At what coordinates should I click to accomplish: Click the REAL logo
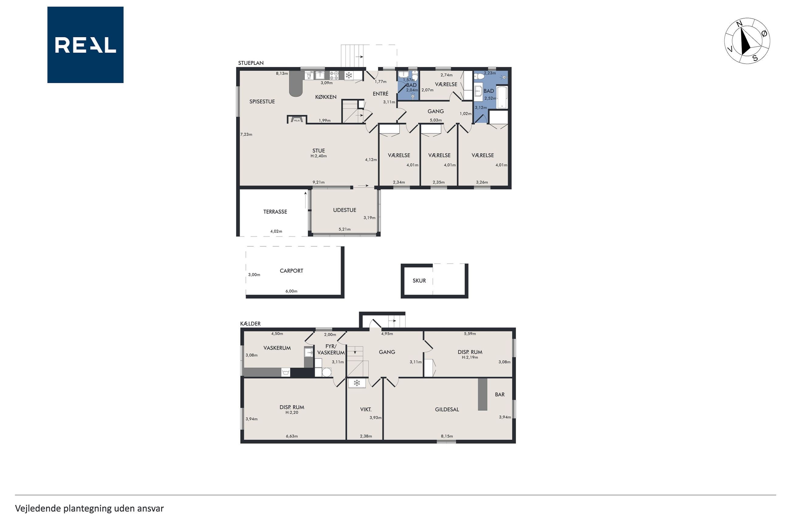(x=85, y=45)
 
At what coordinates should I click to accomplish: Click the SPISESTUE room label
(x=262, y=102)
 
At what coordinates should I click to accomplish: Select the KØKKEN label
(x=326, y=97)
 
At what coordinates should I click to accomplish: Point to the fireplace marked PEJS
(x=297, y=119)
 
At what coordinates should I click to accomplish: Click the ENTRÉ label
(x=380, y=94)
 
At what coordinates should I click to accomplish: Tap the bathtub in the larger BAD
(x=502, y=98)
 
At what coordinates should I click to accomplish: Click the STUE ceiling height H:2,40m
(x=319, y=156)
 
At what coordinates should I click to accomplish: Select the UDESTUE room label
(x=345, y=210)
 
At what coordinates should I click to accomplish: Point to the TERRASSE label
(x=275, y=212)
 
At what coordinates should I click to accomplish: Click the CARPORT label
(x=291, y=271)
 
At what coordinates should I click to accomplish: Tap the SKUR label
(x=419, y=281)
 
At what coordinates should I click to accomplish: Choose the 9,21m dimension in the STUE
(x=319, y=182)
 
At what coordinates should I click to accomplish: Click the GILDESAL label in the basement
(x=447, y=409)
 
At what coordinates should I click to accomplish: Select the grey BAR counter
(x=483, y=394)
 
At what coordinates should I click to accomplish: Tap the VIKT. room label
(x=366, y=409)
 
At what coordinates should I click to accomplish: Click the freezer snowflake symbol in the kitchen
(x=349, y=75)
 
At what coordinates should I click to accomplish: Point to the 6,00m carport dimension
(x=291, y=291)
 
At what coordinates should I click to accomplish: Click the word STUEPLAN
(x=251, y=63)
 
